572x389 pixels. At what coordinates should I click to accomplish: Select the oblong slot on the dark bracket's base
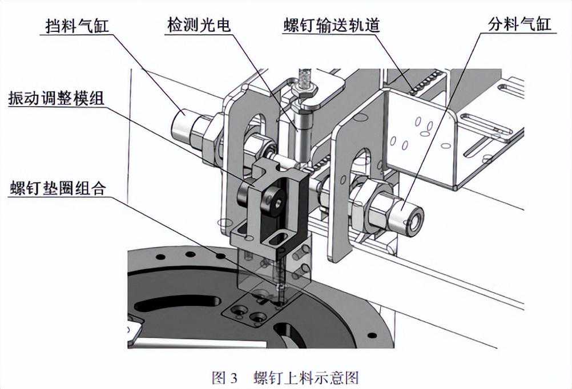(x=279, y=237)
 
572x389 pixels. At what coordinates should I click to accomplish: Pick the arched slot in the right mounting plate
(x=362, y=162)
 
